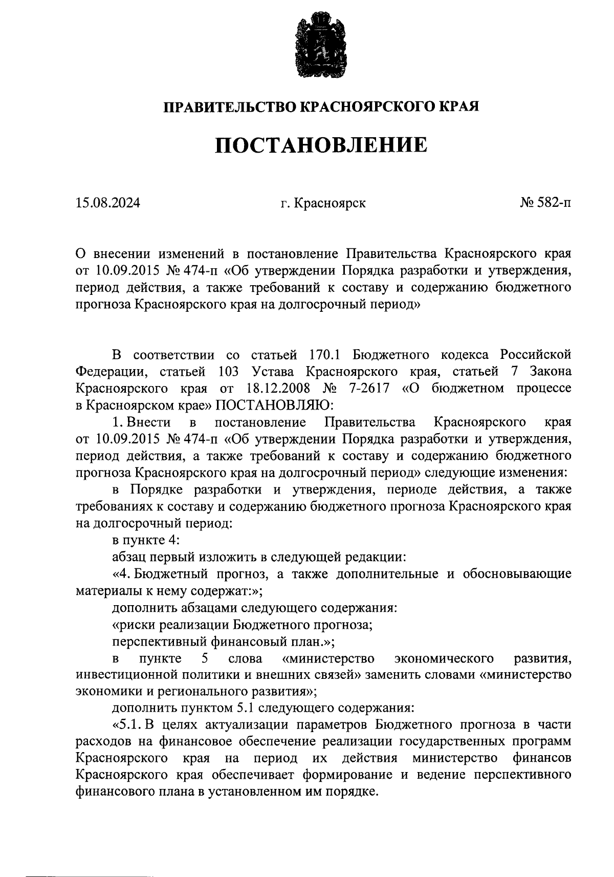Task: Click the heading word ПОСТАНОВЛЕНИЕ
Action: pyautogui.click(x=321, y=145)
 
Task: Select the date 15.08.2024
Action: pyautogui.click(x=107, y=203)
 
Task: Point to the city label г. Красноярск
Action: pyautogui.click(x=323, y=203)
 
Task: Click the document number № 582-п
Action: pyautogui.click(x=545, y=203)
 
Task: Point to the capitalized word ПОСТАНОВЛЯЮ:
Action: pyautogui.click(x=275, y=405)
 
